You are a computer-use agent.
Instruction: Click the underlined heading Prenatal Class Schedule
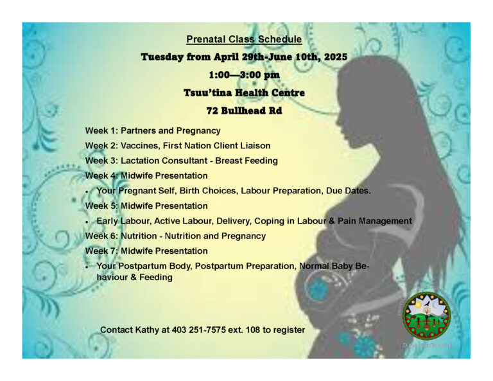click(244, 39)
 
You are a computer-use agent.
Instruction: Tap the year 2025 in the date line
click(335, 57)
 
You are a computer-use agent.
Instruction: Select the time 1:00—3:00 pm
click(244, 75)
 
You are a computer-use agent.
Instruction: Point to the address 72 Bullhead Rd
click(244, 111)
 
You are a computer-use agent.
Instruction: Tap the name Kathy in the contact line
click(152, 330)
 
